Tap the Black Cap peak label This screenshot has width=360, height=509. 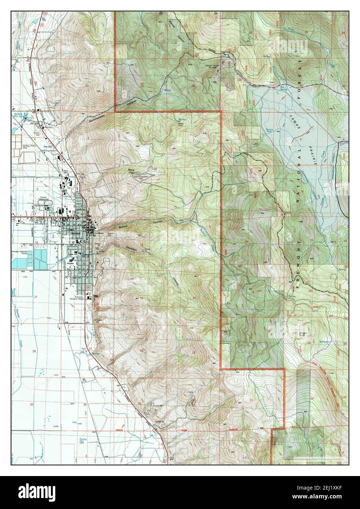[x=132, y=171]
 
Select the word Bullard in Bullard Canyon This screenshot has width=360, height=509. [x=123, y=227]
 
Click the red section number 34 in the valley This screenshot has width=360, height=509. [x=85, y=404]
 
